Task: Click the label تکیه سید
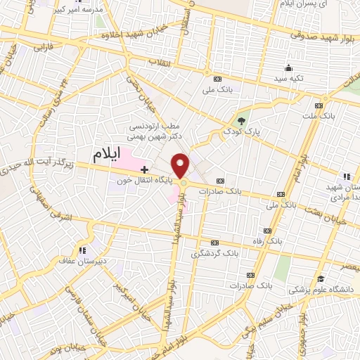[x=288, y=78]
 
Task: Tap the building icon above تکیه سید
[x=288, y=68]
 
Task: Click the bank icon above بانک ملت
[x=321, y=105]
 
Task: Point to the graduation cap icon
[x=321, y=277]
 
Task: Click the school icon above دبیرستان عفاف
[x=83, y=250]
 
